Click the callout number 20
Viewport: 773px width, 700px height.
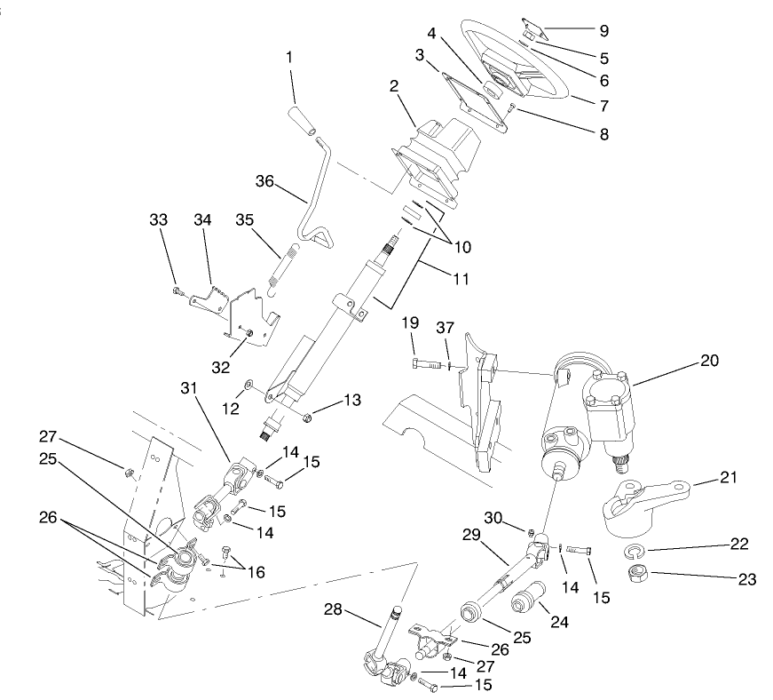[x=709, y=361]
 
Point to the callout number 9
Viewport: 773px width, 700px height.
[x=603, y=31]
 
